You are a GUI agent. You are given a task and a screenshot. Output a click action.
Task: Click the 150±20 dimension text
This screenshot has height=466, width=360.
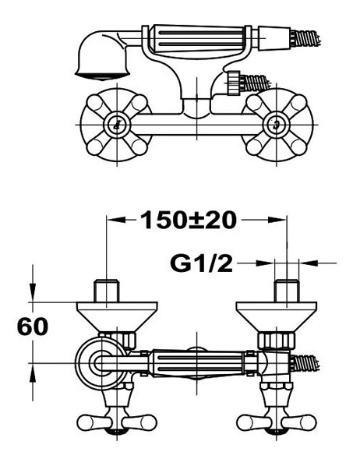[189, 220]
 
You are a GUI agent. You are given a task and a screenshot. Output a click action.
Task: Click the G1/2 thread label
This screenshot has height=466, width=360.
[201, 263]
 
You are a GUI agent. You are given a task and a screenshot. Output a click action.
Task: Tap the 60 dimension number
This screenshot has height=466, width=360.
[33, 327]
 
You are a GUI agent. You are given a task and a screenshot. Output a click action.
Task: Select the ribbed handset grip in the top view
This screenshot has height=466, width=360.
[198, 39]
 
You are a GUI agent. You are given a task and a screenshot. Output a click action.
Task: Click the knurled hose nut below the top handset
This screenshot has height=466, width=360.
[234, 83]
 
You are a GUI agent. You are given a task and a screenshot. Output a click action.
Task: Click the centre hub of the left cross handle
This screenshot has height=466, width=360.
[117, 125]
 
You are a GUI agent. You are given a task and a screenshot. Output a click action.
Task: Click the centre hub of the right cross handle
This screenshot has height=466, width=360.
[276, 125]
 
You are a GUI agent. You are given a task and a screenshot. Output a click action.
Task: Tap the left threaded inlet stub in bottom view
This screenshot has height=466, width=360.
[107, 291]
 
